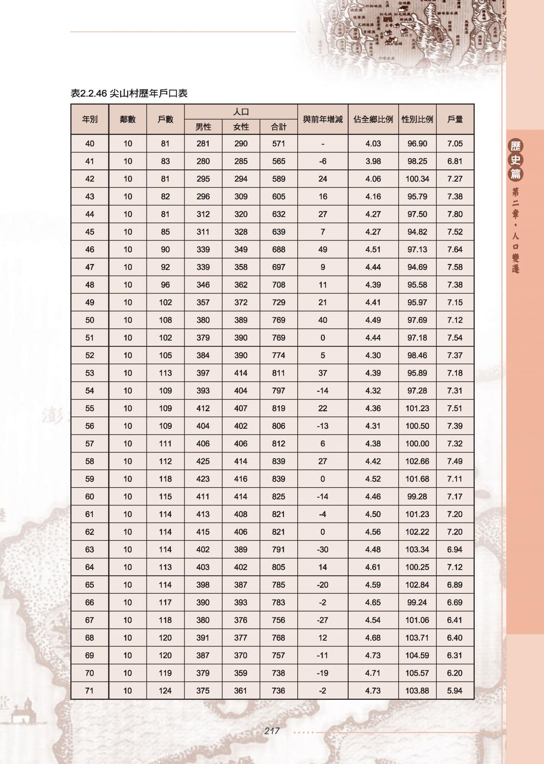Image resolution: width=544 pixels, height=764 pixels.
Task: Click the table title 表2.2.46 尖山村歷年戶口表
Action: coord(129,93)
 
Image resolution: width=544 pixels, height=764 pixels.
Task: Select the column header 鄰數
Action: coord(128,119)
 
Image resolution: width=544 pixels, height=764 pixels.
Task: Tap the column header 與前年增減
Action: coord(323,119)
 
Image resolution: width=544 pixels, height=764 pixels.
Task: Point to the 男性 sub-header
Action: coord(203,127)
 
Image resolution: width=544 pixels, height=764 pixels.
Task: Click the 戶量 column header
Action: coord(455,119)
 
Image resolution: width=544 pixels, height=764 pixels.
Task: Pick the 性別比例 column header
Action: coord(417,119)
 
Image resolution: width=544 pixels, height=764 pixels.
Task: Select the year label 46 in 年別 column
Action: coord(90,250)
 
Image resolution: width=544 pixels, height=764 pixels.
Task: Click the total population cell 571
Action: coord(279,143)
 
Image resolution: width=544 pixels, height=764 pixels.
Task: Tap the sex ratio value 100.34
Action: coord(417,179)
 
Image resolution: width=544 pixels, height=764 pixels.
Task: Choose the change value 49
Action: coord(323,250)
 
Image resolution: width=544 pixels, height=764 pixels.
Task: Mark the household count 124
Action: coord(165,691)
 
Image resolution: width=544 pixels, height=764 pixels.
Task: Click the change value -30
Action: coord(323,549)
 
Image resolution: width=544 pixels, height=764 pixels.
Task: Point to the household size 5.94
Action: coord(455,691)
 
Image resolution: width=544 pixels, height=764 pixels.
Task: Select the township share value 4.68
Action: coord(373,638)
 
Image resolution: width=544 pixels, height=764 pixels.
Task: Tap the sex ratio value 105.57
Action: coord(417,673)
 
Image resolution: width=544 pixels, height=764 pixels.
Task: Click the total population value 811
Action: coord(279,373)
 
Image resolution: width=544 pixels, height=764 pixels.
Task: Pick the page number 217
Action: coord(272,731)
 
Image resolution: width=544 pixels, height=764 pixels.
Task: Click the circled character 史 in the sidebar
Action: coord(516,160)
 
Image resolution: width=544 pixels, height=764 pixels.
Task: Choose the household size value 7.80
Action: coord(455,214)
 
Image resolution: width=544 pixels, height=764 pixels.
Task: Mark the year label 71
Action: coord(90,691)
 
